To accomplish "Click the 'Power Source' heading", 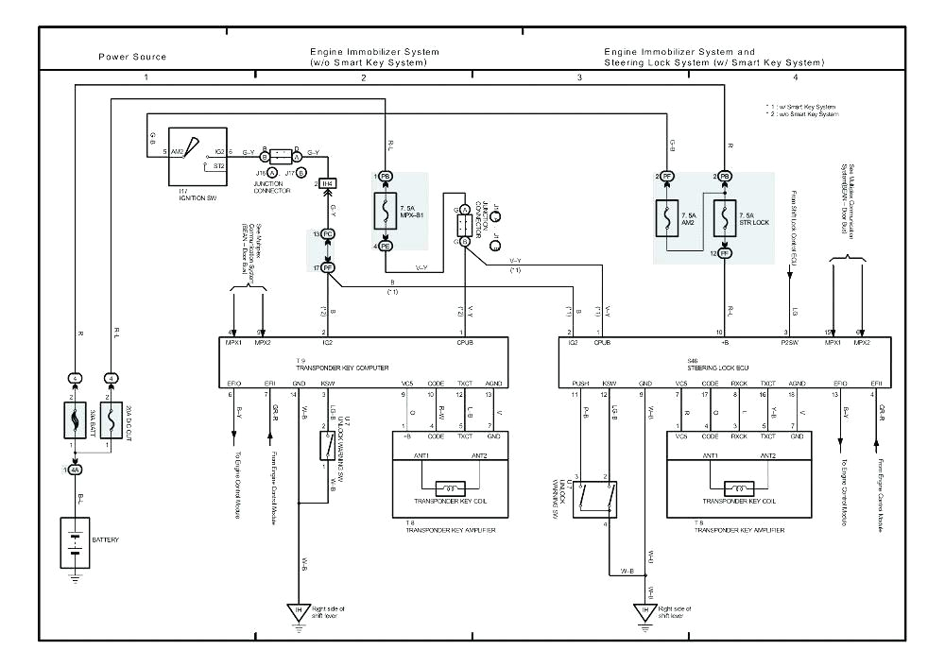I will tap(132, 57).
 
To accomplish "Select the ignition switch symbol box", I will tap(197, 157).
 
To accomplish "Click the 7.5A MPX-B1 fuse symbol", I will tap(387, 212).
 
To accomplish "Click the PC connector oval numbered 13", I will tap(328, 232).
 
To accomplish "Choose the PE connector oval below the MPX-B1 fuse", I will tap(386, 247).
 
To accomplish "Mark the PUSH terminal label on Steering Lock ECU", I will tap(580, 384).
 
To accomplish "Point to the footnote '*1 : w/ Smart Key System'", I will tap(802, 107).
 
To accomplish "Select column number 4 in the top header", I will tap(795, 76).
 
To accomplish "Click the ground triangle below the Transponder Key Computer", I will tap(300, 611).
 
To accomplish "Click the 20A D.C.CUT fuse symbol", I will tap(112, 417).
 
